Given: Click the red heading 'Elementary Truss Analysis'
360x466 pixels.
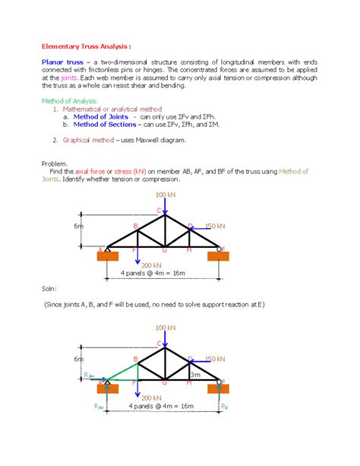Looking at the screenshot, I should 81,43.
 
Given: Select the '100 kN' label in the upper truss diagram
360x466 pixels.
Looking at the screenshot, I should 164,196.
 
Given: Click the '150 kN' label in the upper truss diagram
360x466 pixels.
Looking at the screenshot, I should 216,227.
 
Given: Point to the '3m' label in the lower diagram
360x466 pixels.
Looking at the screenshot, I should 194,375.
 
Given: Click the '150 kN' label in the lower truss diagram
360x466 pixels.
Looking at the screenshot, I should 216,358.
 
